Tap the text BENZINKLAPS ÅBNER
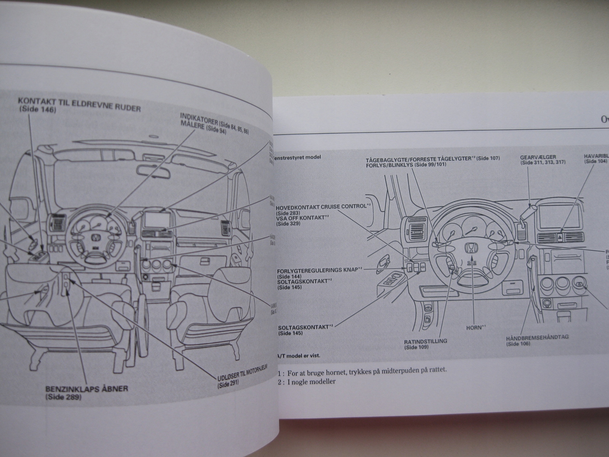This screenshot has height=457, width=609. (x=86, y=389)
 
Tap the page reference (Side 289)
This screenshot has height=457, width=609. (x=64, y=397)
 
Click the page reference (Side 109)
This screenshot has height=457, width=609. (x=416, y=347)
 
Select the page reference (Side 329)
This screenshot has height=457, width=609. (x=289, y=224)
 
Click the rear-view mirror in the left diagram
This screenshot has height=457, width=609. (x=156, y=158)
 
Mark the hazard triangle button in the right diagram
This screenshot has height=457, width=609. (x=562, y=237)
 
